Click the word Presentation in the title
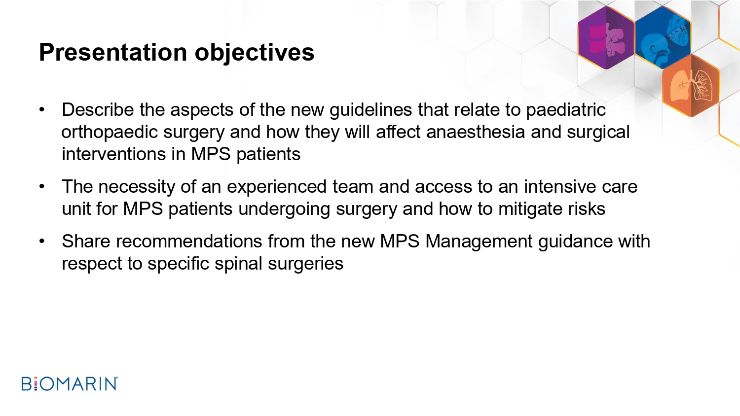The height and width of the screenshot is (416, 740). pos(113,52)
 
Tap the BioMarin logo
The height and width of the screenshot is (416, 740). pos(70,383)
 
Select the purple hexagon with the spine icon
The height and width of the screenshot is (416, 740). pos(606,37)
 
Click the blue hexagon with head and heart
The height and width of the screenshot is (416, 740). pos(663,37)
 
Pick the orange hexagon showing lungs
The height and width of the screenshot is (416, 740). pos(691,85)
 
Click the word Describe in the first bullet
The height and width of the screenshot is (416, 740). pos(98,109)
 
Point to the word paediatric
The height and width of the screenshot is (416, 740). pos(565,110)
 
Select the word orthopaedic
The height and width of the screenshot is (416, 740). pos(110,133)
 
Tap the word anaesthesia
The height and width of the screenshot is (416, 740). pos(476,132)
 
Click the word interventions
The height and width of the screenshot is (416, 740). pos(113,154)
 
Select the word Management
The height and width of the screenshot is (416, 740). pos(479,242)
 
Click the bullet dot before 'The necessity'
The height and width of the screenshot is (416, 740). pos(41,186)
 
